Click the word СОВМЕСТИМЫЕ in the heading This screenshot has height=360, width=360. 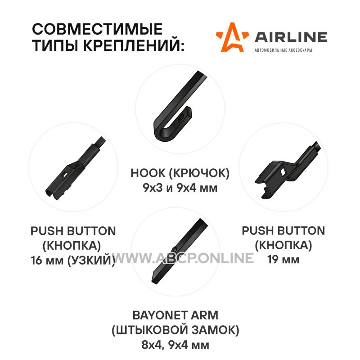click(x=97, y=29)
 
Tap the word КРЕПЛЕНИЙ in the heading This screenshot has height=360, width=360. click(x=134, y=45)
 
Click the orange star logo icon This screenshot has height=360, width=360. click(x=232, y=37)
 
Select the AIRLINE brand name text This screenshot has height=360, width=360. click(x=291, y=37)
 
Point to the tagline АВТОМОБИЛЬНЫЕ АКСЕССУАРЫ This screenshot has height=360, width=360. click(x=283, y=50)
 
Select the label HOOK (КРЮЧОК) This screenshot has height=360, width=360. click(x=180, y=173)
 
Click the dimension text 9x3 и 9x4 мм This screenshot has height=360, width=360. click(x=180, y=188)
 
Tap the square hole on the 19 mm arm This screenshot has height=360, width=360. click(x=283, y=171)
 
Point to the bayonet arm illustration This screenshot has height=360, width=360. click(x=180, y=251)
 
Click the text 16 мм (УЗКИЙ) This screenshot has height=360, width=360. click(x=73, y=261)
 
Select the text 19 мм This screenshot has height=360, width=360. click(x=283, y=260)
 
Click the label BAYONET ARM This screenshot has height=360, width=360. click(x=175, y=315)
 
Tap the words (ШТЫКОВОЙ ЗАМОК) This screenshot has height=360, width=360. click(x=175, y=330)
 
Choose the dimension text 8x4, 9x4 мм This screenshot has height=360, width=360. click(x=175, y=345)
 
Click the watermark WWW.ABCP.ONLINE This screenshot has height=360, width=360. click(x=184, y=258)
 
